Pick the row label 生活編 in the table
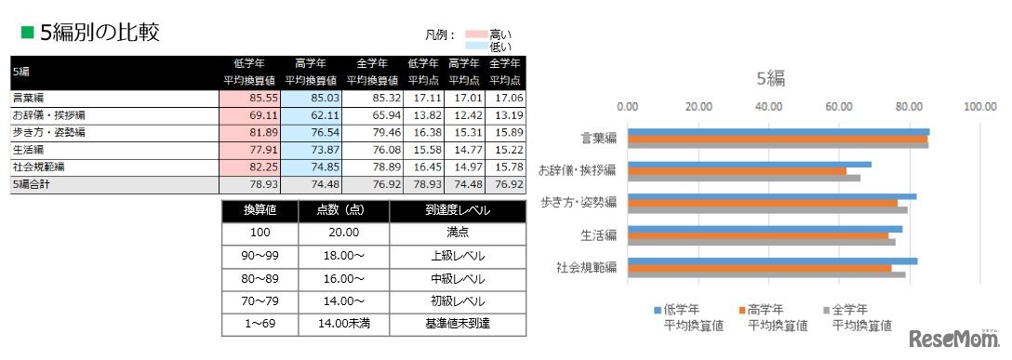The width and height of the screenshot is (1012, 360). pyautogui.click(x=28, y=150)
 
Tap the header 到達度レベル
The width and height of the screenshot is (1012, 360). pyautogui.click(x=457, y=211)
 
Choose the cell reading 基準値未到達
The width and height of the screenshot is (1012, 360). pyautogui.click(x=457, y=325)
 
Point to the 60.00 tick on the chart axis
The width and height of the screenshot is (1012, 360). pyautogui.click(x=840, y=106)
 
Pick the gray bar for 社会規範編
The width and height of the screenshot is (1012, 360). pyautogui.click(x=766, y=274)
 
